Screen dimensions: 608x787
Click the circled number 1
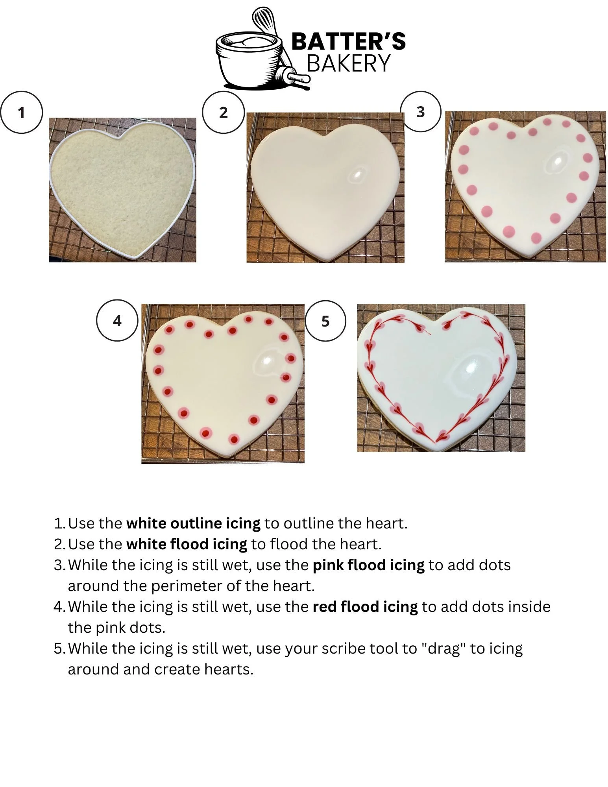click(21, 113)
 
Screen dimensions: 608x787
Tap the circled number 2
click(223, 113)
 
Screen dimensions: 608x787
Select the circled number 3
click(421, 112)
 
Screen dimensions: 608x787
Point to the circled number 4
click(117, 321)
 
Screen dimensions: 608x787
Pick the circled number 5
click(325, 321)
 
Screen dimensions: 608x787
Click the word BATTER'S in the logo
click(349, 41)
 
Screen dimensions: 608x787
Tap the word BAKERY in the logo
click(349, 63)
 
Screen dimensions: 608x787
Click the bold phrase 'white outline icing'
click(193, 523)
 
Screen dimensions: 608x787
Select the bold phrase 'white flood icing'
click(187, 544)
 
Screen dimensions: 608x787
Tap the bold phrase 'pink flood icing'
click(368, 565)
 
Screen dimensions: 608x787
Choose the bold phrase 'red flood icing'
click(365, 607)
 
